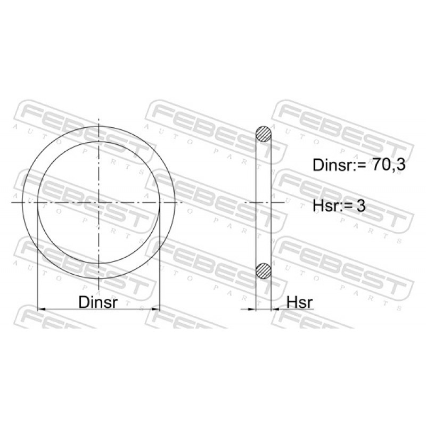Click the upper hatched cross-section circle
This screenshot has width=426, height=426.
264,134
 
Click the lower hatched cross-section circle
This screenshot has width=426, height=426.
264,271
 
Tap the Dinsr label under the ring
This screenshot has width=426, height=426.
98,302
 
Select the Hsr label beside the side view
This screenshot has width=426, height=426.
300,302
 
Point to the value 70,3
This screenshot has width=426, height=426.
389,165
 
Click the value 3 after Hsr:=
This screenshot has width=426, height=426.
361,206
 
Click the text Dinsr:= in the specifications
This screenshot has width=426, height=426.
340,165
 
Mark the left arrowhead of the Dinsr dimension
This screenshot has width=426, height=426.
41,309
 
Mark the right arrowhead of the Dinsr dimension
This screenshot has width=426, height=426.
155,309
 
